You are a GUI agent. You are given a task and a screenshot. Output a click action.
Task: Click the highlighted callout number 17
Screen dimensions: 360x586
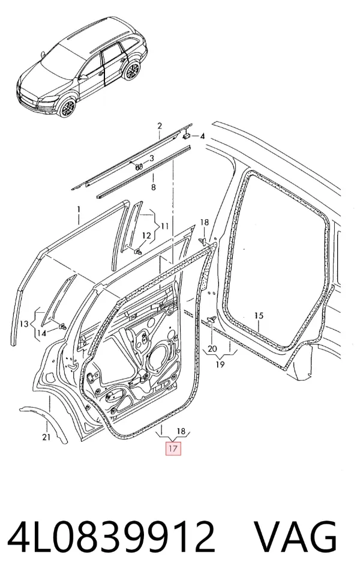tap(173, 448)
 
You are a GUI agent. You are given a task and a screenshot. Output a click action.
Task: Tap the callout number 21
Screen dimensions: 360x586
tap(46, 436)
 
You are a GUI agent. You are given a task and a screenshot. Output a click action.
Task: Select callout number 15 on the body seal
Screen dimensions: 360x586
tap(259, 316)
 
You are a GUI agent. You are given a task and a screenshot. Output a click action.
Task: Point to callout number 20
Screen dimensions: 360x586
tap(212, 349)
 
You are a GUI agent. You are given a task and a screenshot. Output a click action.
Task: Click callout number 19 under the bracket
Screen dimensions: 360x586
tap(220, 364)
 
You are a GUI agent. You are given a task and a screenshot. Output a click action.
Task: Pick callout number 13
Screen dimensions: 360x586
tap(24, 324)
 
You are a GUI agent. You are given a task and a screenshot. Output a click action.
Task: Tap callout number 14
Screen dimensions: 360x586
tap(42, 333)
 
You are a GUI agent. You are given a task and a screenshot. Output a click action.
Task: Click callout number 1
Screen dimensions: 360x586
tap(79, 210)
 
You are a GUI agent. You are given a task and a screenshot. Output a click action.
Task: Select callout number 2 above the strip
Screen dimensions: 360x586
tap(160, 125)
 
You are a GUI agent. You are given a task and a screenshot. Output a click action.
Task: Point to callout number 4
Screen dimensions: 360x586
tap(202, 136)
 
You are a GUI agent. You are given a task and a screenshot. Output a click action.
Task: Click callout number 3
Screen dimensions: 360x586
tap(152, 159)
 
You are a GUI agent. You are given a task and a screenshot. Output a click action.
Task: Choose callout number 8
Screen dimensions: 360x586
tap(153, 187)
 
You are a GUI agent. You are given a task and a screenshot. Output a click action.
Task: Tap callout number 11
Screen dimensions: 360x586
tap(164, 226)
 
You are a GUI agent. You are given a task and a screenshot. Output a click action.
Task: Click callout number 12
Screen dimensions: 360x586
tap(146, 235)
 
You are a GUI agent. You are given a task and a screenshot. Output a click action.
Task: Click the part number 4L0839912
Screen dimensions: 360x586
tap(111, 537)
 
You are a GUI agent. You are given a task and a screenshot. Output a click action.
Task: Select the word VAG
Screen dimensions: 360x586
tap(296, 537)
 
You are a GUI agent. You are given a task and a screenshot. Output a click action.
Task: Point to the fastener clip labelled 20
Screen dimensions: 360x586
tap(212, 319)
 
